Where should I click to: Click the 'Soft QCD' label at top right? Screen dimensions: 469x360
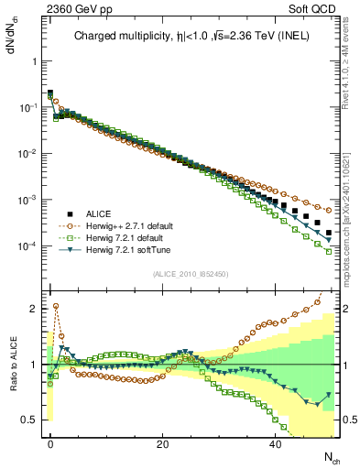point(315,7)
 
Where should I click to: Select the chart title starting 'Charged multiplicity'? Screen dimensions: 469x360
point(192,38)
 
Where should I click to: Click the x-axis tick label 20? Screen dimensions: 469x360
point(162,443)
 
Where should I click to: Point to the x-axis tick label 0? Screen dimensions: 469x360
point(50,443)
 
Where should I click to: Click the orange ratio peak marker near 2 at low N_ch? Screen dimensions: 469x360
point(56,307)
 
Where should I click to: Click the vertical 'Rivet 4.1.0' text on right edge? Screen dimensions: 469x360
point(351,69)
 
